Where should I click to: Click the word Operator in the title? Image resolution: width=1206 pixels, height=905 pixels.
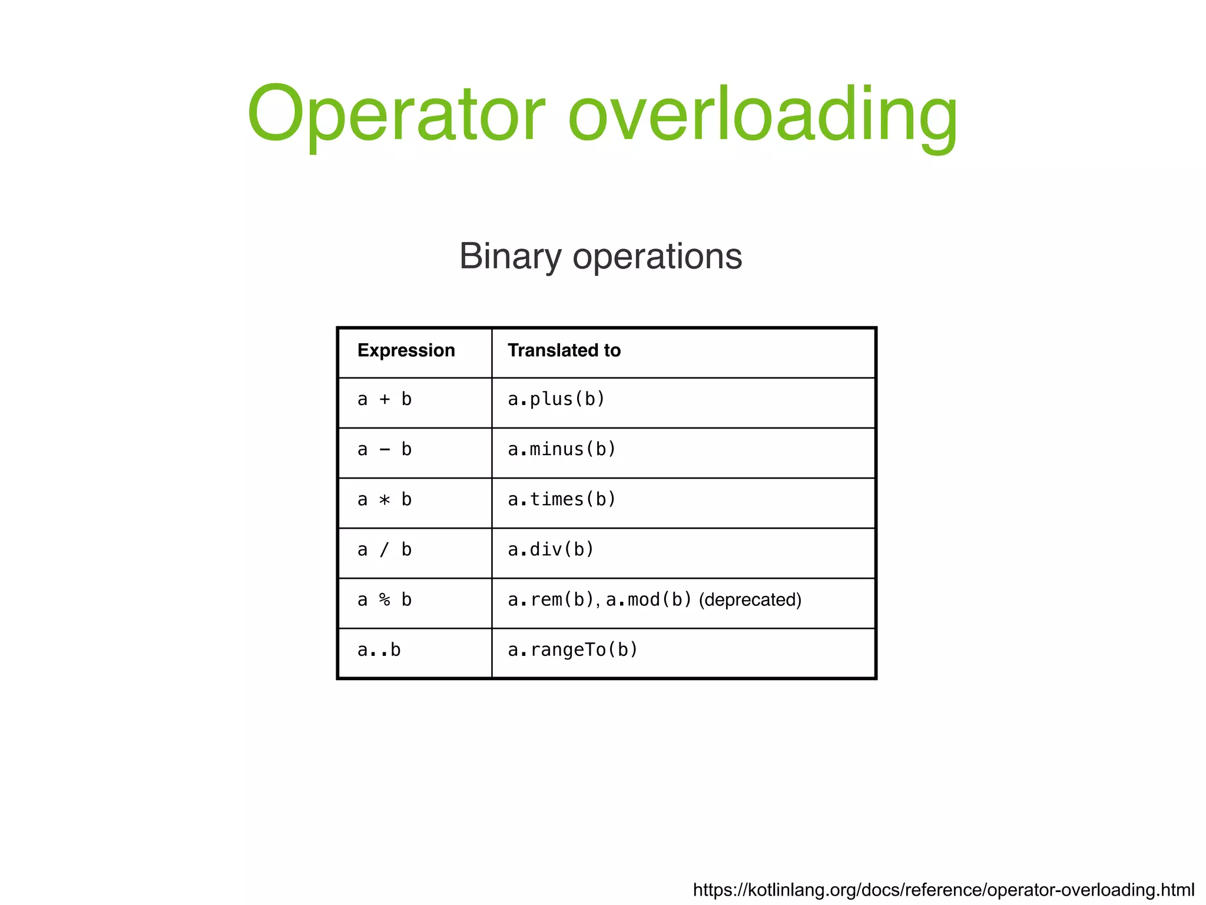tap(396, 115)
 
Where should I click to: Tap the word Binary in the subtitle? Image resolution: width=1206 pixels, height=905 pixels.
tap(511, 257)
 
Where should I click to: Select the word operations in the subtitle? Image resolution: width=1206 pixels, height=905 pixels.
tap(657, 257)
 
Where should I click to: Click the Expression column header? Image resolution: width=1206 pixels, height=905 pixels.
tap(406, 350)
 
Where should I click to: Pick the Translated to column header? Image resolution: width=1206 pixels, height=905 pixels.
tap(564, 350)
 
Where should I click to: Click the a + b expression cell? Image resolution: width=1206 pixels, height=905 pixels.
tap(385, 400)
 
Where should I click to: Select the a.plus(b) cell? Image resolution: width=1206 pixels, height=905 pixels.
tap(556, 400)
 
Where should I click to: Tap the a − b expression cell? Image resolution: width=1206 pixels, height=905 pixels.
tap(385, 450)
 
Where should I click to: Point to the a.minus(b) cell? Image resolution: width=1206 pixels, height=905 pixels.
tap(562, 450)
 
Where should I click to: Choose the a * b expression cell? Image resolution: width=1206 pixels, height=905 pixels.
tap(385, 500)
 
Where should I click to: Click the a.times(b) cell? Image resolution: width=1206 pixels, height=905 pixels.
tap(562, 500)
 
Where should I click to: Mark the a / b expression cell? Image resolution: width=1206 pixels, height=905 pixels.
tap(385, 550)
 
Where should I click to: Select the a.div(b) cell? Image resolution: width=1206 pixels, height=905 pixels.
tap(551, 550)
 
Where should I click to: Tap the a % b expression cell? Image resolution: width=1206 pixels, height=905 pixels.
tap(385, 600)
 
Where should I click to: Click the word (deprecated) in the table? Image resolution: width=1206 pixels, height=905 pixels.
tap(750, 600)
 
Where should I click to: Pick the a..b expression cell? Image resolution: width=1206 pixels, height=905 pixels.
tap(379, 650)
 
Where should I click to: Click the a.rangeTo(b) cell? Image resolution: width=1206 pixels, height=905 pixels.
tap(573, 650)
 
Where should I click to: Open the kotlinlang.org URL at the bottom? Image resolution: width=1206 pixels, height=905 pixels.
tap(943, 890)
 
